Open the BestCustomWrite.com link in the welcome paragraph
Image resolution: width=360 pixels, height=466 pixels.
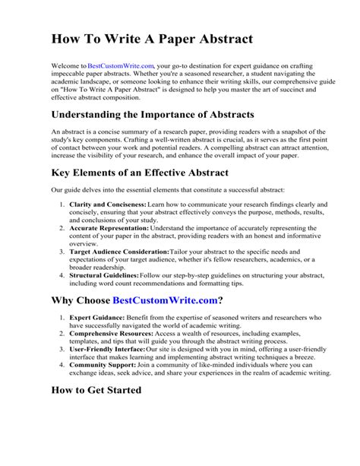point(121,67)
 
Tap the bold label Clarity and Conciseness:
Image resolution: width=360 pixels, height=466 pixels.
point(108,205)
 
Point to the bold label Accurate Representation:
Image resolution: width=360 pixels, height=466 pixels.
point(109,227)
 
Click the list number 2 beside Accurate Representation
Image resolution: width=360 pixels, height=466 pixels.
point(61,227)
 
